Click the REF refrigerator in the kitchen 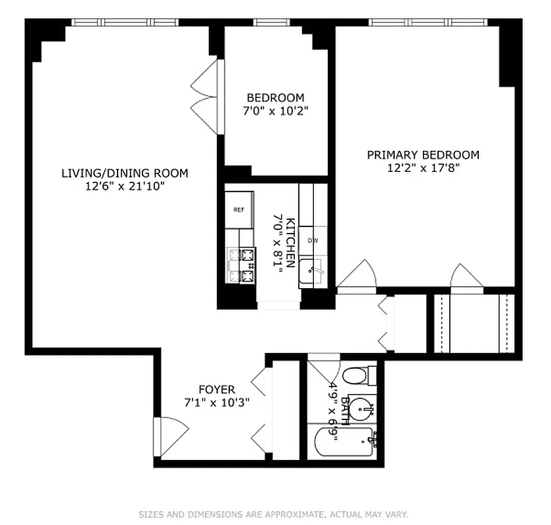[239, 209]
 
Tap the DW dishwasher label [313, 240]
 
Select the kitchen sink [312, 271]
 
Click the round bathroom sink [359, 410]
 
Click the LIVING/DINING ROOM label [125, 173]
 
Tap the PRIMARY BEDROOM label [423, 155]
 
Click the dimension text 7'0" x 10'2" [275, 111]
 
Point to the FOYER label [217, 389]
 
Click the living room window [125, 22]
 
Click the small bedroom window [272, 22]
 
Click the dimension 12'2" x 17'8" [423, 168]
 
